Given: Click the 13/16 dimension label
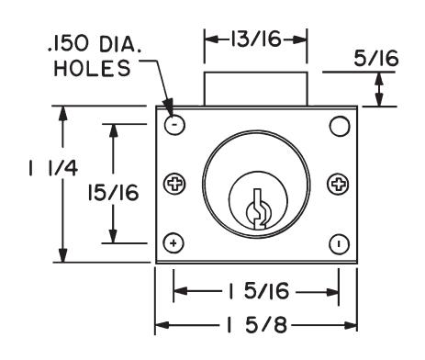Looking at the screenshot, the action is pos(255,39).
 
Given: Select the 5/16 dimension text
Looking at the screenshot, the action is pos(376,59).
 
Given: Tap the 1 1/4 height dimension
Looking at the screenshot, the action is pos(53,168).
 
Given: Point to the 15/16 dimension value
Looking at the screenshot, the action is pos(113,193).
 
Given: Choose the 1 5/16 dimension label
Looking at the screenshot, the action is pos(258,291).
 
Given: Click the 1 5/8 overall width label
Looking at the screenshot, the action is pos(256,325).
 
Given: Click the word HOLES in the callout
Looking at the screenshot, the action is pos(92,68).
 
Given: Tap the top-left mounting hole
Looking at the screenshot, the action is pos(174,125).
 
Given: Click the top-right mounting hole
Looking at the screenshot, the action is pos(340,126).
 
